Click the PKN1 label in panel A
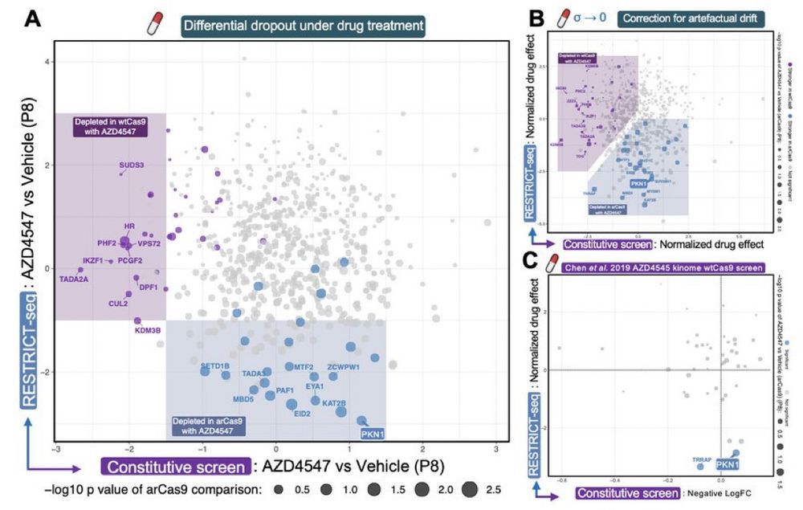tap(373, 435)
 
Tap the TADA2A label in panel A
tap(74, 279)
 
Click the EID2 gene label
tap(302, 414)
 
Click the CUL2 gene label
tap(118, 304)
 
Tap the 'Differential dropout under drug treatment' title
tap(304, 27)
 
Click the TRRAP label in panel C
tap(702, 459)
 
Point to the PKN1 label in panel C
tap(728, 464)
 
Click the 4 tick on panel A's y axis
tap(47, 62)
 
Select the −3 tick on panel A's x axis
tap(55, 447)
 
